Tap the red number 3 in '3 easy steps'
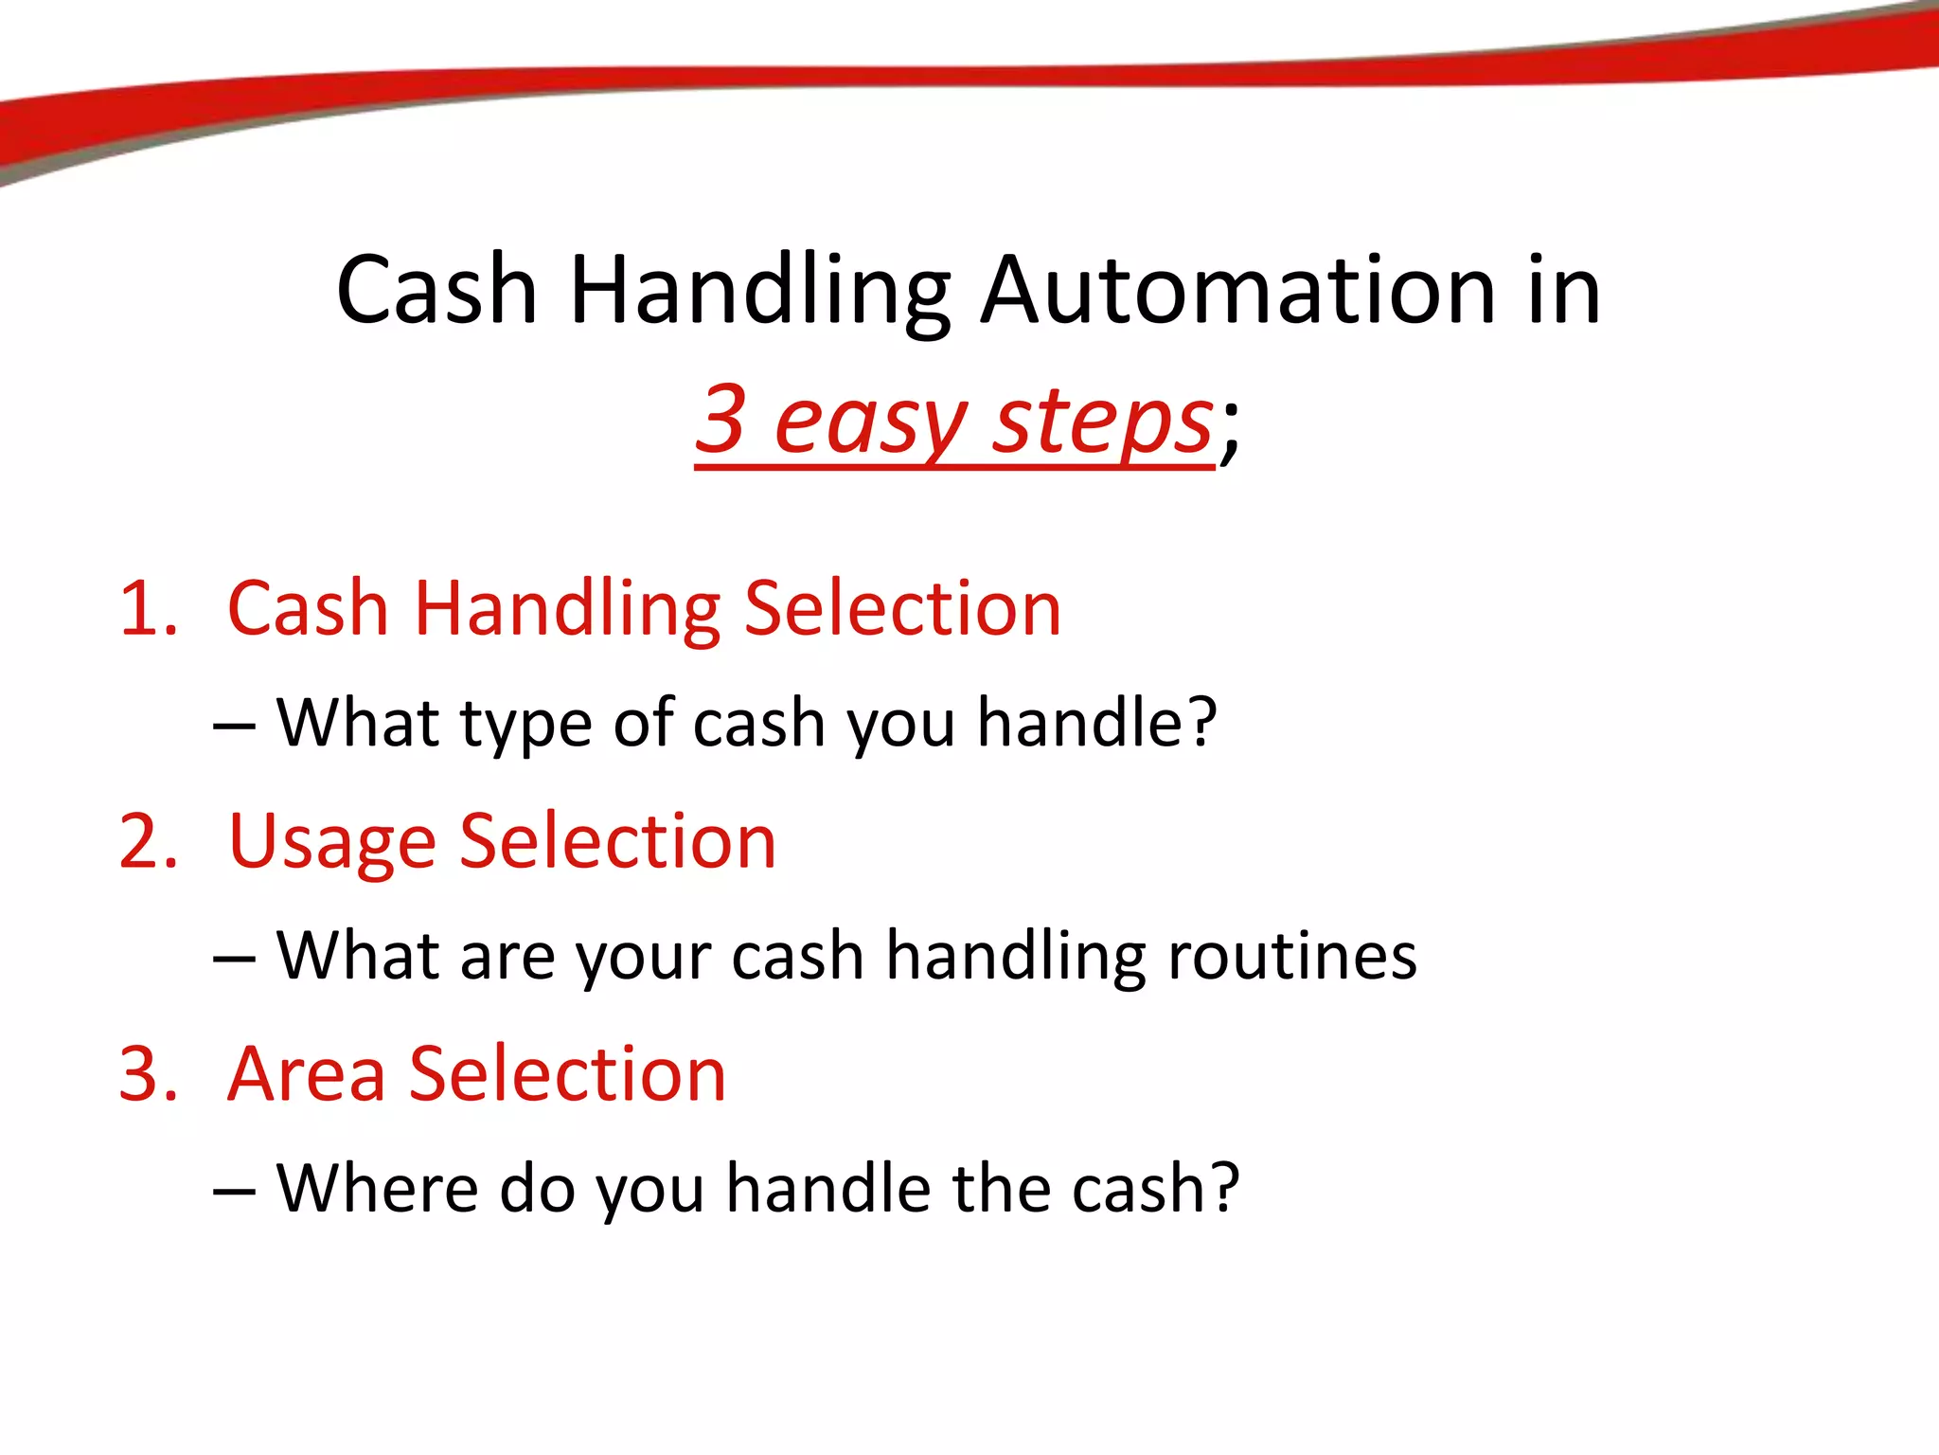(x=721, y=418)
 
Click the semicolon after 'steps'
(x=1229, y=431)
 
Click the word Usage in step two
(x=331, y=843)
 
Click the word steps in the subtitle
(x=1102, y=422)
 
